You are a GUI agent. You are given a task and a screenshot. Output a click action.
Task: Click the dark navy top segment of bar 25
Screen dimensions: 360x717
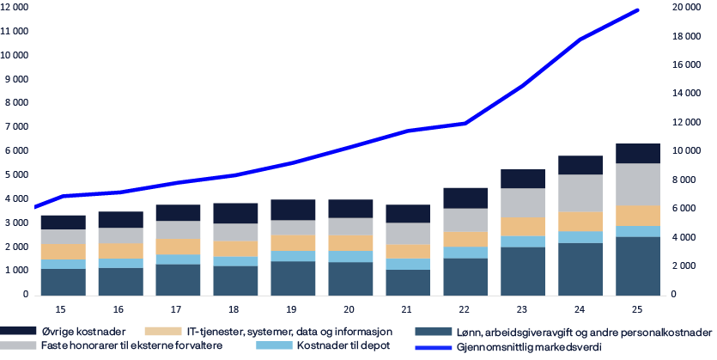point(637,153)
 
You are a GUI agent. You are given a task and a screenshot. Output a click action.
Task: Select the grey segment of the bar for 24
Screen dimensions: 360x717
point(580,192)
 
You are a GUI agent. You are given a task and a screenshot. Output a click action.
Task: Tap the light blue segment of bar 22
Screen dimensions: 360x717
point(465,253)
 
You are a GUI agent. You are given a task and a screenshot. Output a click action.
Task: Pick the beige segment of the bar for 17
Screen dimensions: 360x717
point(177,246)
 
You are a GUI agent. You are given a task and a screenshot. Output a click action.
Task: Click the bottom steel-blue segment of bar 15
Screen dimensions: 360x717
point(62,282)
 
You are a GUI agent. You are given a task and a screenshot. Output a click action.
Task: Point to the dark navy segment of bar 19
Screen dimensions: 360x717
point(292,210)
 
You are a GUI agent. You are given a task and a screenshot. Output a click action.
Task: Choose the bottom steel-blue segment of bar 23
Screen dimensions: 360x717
point(522,271)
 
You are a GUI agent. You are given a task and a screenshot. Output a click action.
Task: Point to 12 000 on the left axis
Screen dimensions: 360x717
point(14,7)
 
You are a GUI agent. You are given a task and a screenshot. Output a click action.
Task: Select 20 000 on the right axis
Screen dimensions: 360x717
point(684,7)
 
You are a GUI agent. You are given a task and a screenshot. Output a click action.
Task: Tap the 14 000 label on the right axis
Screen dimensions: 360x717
point(684,93)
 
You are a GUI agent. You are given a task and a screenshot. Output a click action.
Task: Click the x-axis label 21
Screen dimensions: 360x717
point(407,308)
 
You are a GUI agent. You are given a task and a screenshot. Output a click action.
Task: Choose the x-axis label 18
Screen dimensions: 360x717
point(234,308)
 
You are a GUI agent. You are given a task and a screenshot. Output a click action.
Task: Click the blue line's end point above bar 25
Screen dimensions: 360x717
point(638,10)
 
